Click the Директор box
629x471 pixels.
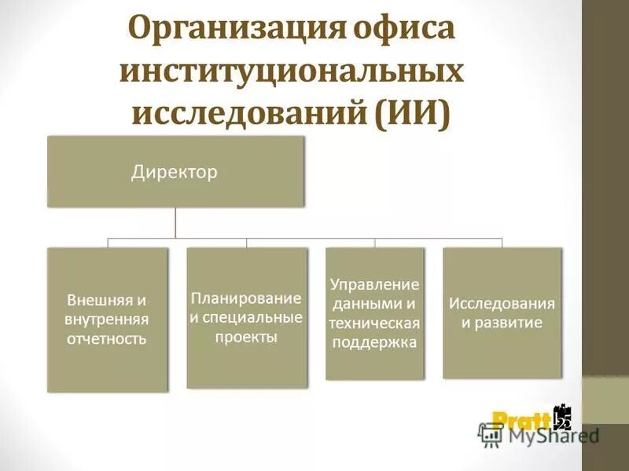click(x=175, y=171)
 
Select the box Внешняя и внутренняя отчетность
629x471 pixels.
click(x=108, y=319)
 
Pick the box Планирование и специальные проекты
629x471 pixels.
click(x=247, y=317)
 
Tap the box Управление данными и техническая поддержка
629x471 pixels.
click(x=374, y=313)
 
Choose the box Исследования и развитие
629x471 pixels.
click(x=502, y=312)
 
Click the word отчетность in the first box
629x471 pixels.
click(x=107, y=339)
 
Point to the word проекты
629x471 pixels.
click(x=246, y=337)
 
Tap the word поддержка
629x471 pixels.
click(x=374, y=341)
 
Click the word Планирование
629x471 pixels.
click(x=246, y=298)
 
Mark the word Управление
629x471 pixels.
click(x=374, y=284)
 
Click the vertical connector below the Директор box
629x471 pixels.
click(x=175, y=222)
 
